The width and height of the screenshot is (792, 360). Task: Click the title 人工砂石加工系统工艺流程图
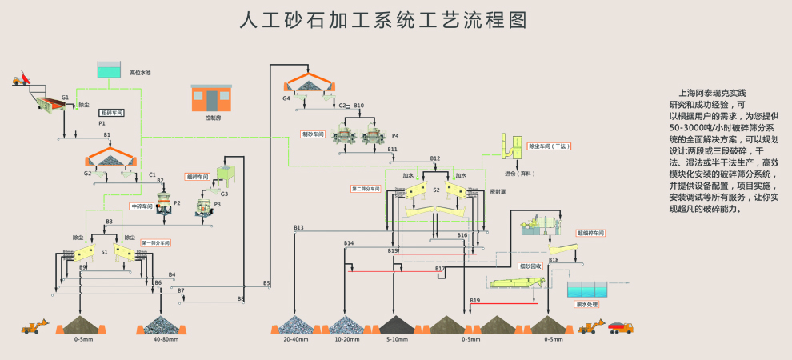click(x=384, y=19)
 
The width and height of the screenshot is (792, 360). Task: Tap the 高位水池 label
click(x=141, y=72)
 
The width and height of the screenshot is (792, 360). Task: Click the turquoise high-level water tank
click(x=107, y=70)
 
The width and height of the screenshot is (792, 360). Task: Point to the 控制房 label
click(x=212, y=118)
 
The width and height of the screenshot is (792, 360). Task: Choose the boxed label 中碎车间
click(x=142, y=206)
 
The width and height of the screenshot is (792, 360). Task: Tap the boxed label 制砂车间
click(x=312, y=134)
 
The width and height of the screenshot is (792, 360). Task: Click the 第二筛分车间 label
click(x=366, y=189)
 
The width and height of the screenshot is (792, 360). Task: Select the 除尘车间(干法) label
click(x=550, y=146)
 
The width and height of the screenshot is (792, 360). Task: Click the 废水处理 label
click(x=588, y=305)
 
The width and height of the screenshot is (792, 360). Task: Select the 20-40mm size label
click(x=294, y=340)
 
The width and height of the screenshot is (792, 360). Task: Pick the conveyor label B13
click(x=298, y=228)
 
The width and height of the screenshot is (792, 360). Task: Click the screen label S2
click(x=437, y=190)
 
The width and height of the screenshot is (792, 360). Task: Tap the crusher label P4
click(x=395, y=136)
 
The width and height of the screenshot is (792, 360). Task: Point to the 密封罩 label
click(x=475, y=192)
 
